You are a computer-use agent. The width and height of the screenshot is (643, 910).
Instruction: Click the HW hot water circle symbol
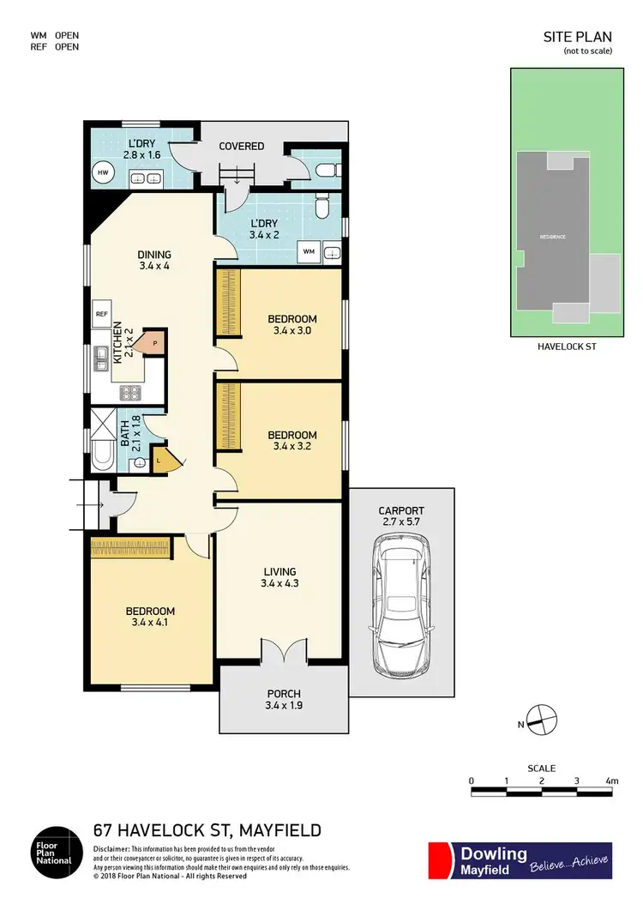(103, 172)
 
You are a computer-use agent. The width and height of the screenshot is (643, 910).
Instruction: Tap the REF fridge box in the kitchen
(100, 315)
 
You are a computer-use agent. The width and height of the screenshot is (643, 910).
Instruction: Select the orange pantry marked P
(153, 341)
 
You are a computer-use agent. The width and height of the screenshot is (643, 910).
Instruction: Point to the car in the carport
(400, 604)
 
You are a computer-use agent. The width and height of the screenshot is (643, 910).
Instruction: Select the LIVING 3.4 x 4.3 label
(279, 577)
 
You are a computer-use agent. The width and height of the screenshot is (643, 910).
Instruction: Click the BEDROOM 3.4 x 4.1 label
(150, 618)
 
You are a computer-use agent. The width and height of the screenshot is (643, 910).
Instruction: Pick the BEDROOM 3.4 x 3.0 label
(292, 325)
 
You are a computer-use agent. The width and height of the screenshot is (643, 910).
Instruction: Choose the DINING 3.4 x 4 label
(154, 260)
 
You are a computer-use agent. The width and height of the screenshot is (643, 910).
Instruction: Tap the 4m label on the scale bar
(611, 780)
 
